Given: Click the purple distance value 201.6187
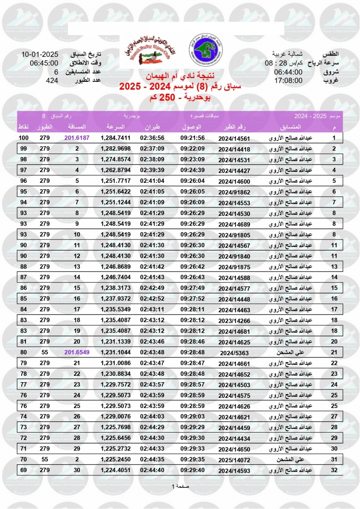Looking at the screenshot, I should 77,138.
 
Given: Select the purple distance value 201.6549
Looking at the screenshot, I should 77,352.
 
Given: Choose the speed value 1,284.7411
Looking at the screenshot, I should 115,138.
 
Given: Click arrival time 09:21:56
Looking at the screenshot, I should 193,138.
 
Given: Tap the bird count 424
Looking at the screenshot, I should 52,80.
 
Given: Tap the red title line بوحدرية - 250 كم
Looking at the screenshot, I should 180,98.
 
